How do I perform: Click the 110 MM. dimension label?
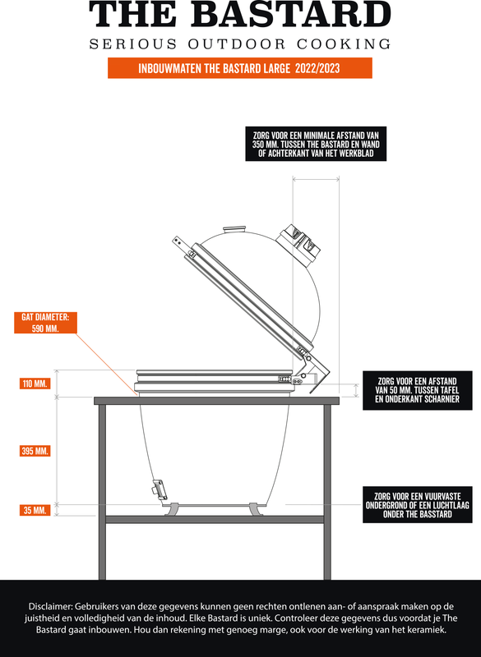[35, 384]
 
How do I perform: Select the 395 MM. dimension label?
[35, 451]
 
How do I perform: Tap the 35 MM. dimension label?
[35, 510]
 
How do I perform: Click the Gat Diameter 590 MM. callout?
[45, 323]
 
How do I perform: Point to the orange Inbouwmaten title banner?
[240, 68]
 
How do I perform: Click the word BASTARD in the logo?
[294, 15]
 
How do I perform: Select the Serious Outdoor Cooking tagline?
[240, 44]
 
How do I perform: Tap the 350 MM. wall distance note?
[316, 145]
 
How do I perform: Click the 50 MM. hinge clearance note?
[417, 390]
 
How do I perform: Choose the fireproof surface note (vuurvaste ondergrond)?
[417, 505]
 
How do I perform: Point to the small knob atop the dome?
[234, 231]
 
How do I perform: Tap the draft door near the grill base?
[159, 489]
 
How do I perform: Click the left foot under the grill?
[172, 509]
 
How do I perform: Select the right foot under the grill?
[256, 509]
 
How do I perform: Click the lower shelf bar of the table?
[215, 520]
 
